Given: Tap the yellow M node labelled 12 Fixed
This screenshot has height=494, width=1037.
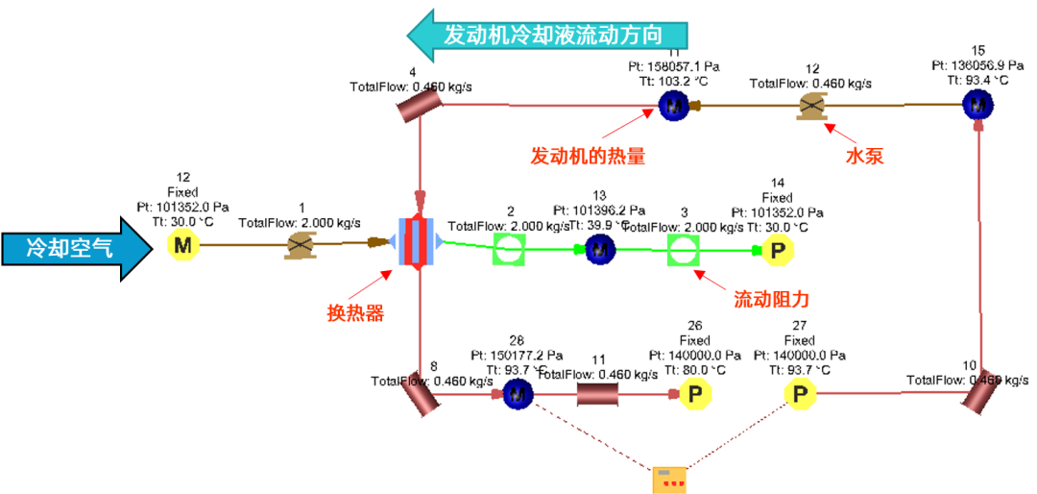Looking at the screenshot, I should pyautogui.click(x=182, y=246).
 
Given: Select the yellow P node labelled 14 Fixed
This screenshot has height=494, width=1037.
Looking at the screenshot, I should pyautogui.click(x=779, y=250).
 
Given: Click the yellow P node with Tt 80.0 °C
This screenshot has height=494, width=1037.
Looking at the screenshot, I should pyautogui.click(x=695, y=393).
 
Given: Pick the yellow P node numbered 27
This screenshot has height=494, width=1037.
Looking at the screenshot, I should pyautogui.click(x=799, y=393).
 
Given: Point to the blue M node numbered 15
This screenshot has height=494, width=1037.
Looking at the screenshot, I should pyautogui.click(x=977, y=103).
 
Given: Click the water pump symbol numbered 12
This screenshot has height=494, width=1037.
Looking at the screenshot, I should pyautogui.click(x=811, y=107).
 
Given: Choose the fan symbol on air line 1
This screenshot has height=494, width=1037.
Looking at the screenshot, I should pyautogui.click(x=301, y=246).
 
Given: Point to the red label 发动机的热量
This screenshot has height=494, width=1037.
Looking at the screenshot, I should pyautogui.click(x=588, y=155).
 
